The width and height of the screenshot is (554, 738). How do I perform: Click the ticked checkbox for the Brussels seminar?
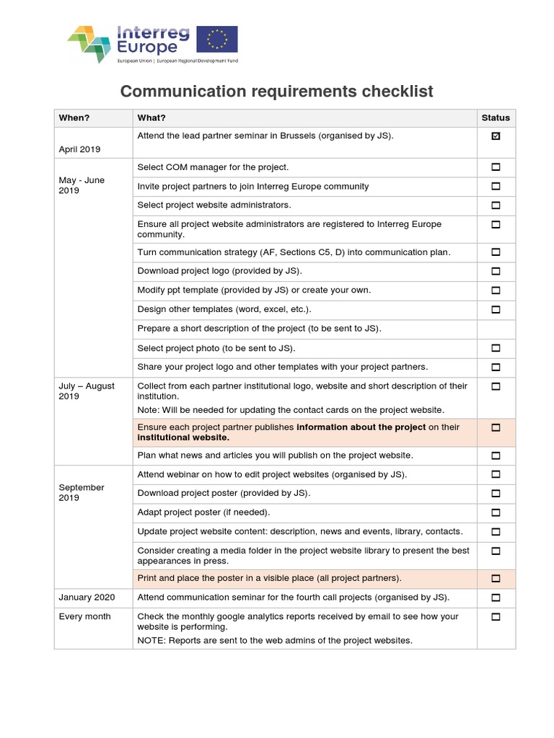[496, 136]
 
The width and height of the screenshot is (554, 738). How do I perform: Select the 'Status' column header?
[496, 117]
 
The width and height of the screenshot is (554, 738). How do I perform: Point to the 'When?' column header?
[74, 117]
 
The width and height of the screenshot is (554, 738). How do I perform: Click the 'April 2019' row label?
[79, 149]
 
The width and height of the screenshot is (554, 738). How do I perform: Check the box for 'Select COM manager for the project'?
[496, 167]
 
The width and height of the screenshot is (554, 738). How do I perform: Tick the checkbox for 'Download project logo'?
[496, 272]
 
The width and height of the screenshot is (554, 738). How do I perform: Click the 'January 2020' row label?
[86, 597]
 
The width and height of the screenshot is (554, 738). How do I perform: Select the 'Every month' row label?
[84, 616]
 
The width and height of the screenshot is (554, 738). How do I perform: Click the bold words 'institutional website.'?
[183, 437]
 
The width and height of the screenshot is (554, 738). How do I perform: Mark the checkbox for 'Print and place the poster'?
[496, 579]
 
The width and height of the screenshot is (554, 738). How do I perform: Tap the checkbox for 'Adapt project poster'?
[496, 513]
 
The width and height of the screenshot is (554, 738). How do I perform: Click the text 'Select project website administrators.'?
[214, 205]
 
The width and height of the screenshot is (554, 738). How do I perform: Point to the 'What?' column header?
[151, 117]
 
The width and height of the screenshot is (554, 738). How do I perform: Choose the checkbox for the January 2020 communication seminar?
[496, 597]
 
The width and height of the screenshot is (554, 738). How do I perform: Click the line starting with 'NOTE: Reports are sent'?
[274, 640]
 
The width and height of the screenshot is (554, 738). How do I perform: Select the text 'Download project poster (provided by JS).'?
[224, 493]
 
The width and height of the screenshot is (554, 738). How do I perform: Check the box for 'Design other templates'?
[496, 310]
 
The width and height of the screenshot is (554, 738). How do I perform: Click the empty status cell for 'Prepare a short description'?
[496, 329]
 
